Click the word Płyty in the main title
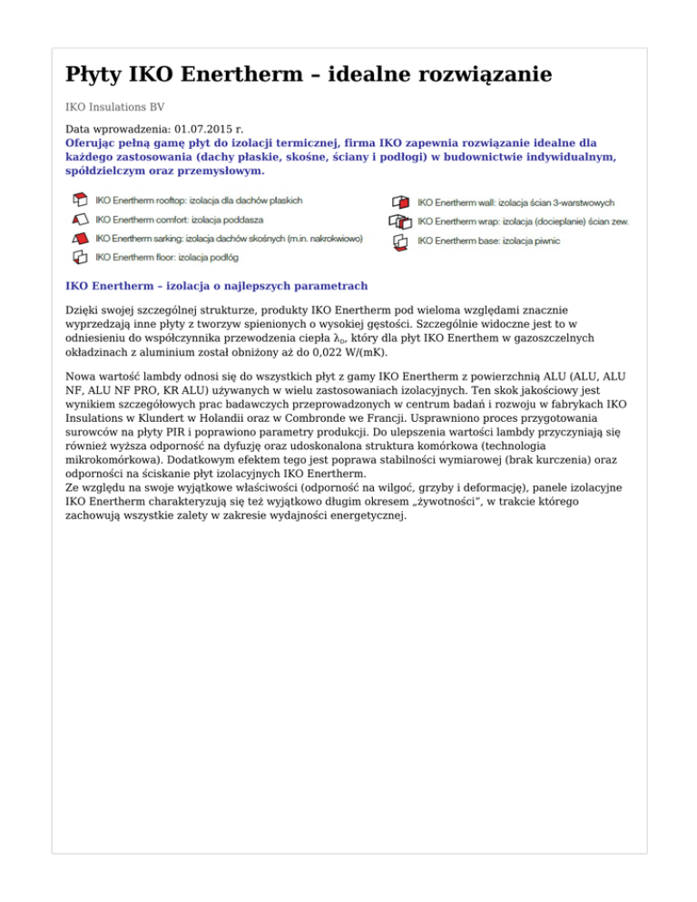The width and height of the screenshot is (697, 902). pyautogui.click(x=94, y=74)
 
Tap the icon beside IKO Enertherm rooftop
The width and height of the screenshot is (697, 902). pyautogui.click(x=80, y=200)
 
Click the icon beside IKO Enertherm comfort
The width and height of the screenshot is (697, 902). pyautogui.click(x=80, y=219)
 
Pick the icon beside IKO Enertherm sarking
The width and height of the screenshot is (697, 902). pyautogui.click(x=80, y=238)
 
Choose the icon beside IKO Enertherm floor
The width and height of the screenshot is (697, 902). pyautogui.click(x=80, y=258)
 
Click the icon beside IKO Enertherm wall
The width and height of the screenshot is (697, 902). pyautogui.click(x=400, y=201)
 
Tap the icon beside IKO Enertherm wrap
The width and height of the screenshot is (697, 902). pyautogui.click(x=400, y=221)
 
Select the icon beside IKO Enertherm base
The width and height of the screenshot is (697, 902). pyautogui.click(x=400, y=241)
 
